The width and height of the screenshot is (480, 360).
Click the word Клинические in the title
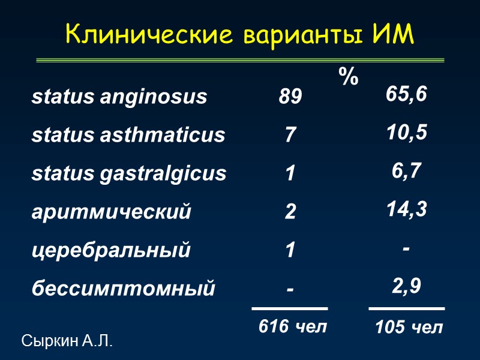tap(150, 35)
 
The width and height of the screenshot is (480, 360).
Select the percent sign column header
tap(348, 77)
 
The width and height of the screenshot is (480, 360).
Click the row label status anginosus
tap(119, 97)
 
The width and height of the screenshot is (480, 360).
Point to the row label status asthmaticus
tap(128, 135)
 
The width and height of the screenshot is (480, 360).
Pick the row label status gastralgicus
tap(129, 173)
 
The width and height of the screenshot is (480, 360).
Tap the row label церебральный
tap(111, 250)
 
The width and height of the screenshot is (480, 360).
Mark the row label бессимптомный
tap(123, 289)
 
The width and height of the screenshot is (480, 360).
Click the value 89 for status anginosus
tap(290, 97)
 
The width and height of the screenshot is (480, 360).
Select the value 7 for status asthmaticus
tap(290, 135)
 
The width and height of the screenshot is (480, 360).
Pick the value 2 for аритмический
tap(290, 212)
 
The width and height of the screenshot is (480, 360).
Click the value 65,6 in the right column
tap(407, 95)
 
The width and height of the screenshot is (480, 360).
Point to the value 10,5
tap(407, 133)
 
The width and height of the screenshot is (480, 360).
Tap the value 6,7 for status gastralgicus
tap(407, 171)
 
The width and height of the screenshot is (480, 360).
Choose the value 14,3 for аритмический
tap(407, 209)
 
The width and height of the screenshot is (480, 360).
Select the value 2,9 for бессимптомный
tap(407, 286)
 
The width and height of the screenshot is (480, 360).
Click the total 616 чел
tap(293, 326)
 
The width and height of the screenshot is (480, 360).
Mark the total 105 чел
tap(409, 328)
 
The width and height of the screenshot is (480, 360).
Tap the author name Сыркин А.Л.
tap(67, 342)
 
